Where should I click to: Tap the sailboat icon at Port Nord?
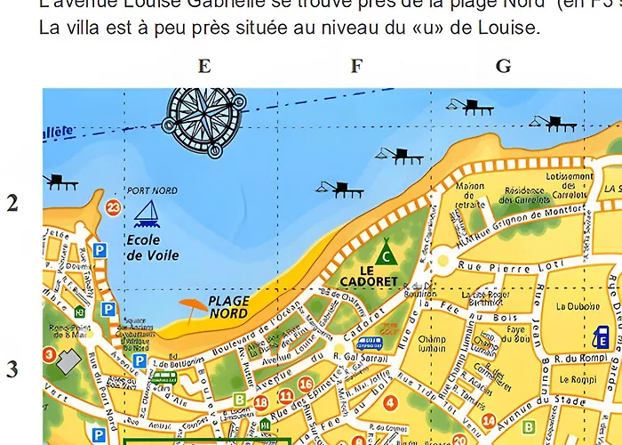click(x=146, y=213)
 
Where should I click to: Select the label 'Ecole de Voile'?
click(x=152, y=247)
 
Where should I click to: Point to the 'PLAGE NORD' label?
click(x=229, y=307)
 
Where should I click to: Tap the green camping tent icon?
click(x=385, y=251)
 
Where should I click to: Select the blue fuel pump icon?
click(x=602, y=339)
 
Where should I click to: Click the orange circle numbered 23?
click(x=113, y=208)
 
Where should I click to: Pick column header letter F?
click(x=356, y=66)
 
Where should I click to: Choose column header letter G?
click(x=503, y=66)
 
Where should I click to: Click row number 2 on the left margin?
click(x=12, y=203)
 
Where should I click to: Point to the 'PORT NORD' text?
click(x=152, y=190)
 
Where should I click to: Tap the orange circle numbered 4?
click(x=390, y=402)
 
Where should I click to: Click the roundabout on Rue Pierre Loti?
click(x=442, y=262)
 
